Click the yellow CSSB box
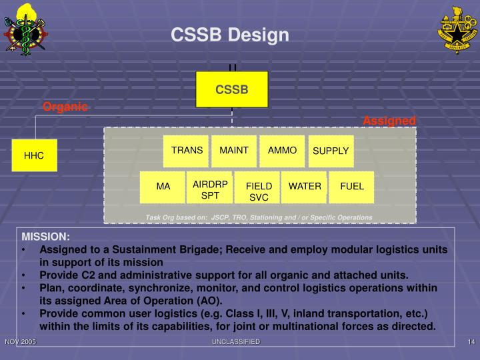click(231, 89)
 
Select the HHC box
click(34, 156)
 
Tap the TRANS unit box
click(187, 151)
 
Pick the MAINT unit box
click(234, 151)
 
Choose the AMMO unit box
click(282, 151)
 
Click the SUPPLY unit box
click(331, 151)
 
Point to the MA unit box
click(163, 187)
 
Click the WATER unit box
click(305, 187)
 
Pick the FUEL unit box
click(352, 187)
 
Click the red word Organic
click(65, 107)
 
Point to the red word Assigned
click(389, 121)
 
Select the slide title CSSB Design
click(230, 35)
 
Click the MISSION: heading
click(45, 237)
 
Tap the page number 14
click(470, 341)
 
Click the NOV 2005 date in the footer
click(20, 341)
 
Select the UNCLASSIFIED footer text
click(236, 341)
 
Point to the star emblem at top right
click(457, 30)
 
